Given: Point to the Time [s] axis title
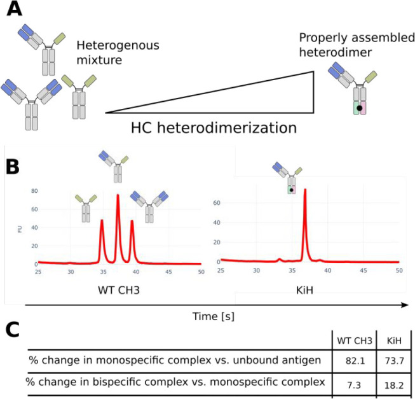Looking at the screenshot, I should coord(214,314).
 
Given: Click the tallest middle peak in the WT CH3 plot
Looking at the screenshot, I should coord(118,196).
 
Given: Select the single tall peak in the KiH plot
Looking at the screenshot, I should coord(306,191).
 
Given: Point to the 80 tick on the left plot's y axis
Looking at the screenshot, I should coord(32,191).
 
